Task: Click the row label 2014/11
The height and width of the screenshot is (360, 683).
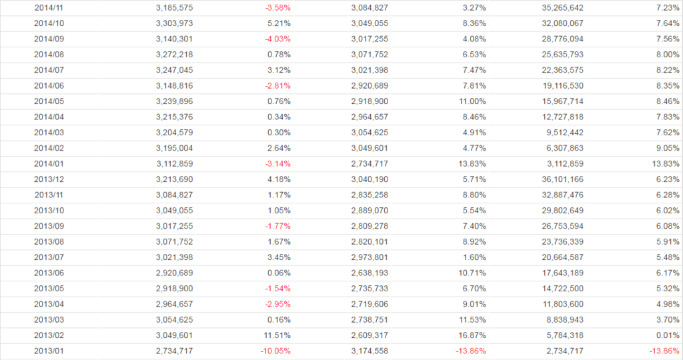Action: click(x=48, y=7)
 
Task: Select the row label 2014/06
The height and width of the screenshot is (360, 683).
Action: click(x=48, y=85)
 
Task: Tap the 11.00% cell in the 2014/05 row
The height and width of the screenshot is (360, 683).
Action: click(x=472, y=101)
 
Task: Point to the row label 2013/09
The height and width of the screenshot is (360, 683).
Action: click(x=48, y=226)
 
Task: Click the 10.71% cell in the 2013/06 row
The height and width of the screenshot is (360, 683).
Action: click(x=472, y=273)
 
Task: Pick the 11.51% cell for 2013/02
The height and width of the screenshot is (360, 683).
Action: click(x=277, y=335)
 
